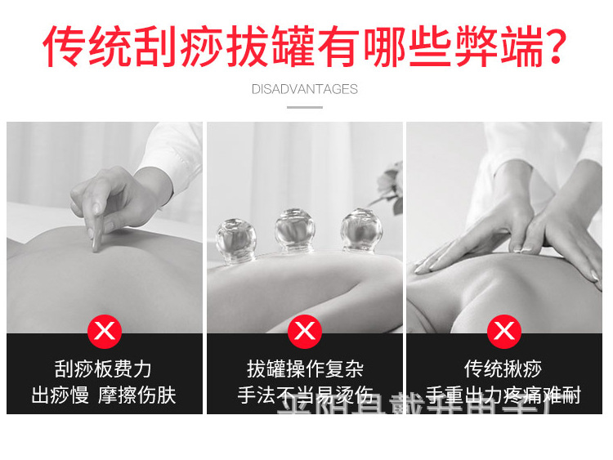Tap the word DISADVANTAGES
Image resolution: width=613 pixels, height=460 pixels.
[x=305, y=89]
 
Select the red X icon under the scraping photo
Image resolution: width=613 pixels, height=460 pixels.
[x=105, y=331]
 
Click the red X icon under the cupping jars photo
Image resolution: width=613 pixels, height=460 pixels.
[x=305, y=331]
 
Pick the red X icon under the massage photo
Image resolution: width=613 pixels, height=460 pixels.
[x=504, y=331]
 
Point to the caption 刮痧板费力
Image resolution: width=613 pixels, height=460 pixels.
[x=104, y=369]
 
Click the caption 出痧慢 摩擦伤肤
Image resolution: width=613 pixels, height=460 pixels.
[x=104, y=396]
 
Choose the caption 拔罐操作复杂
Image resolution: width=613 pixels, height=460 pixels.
[x=305, y=369]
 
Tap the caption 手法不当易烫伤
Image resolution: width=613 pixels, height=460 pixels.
[x=305, y=396]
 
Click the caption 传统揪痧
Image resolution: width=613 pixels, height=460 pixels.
[x=503, y=369]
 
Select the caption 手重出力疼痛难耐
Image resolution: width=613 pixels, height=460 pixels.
[x=503, y=396]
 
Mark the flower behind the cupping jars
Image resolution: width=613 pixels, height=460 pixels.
[x=390, y=181]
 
